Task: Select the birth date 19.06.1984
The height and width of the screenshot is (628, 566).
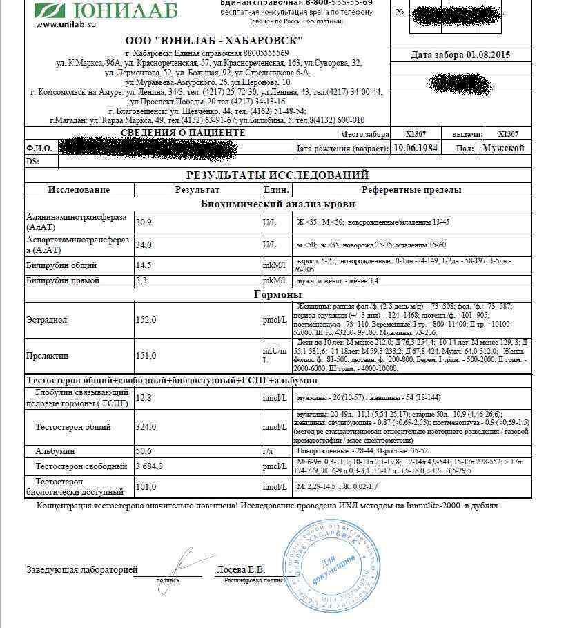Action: coord(417,148)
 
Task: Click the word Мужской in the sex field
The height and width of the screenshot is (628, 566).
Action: coord(503,148)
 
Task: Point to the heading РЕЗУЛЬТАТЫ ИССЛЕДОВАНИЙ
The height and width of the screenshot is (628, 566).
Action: coord(277,175)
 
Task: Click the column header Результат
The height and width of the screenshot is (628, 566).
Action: coord(197,189)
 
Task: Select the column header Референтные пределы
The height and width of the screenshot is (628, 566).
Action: coord(411,189)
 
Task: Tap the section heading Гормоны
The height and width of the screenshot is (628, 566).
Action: coord(277,295)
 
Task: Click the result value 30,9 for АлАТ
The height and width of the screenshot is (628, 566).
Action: coord(144,222)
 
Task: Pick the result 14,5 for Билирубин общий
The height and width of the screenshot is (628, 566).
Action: coord(144,265)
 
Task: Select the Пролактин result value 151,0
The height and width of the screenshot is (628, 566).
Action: coord(146,356)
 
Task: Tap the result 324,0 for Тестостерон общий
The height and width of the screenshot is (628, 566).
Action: coord(146,427)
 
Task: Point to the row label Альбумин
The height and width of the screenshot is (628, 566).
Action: coord(55,450)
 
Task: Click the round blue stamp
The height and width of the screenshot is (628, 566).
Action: coord(332,561)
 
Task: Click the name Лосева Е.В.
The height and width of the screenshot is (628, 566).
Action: coord(241,570)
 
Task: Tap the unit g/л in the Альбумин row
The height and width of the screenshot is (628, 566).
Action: coord(268,450)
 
